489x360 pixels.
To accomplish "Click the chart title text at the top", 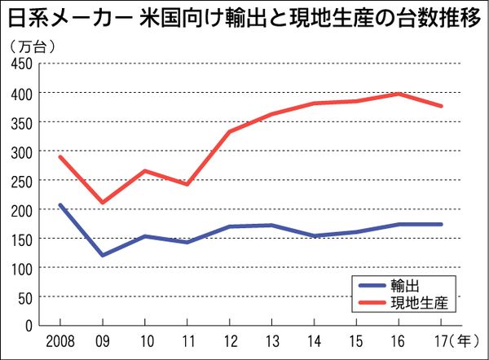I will [x=244, y=18].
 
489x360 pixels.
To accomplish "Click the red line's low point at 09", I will [x=102, y=203].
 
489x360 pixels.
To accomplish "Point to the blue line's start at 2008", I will [x=59, y=204].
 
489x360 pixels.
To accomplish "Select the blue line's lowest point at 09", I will [x=102, y=255].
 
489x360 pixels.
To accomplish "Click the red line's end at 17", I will [x=441, y=106].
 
